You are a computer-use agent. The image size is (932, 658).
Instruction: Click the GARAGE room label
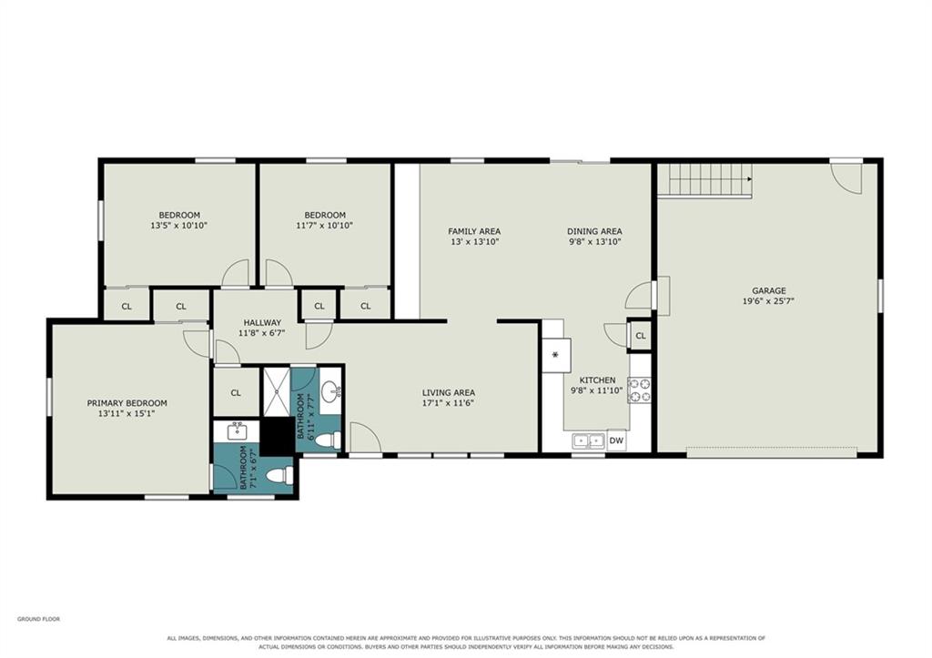tap(768, 290)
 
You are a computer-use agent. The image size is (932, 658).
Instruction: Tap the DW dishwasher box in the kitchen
tap(616, 440)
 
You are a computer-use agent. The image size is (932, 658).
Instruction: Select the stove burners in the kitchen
tap(640, 390)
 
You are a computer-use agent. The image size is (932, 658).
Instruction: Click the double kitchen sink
tap(589, 440)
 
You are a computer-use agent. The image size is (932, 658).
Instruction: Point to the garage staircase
tap(705, 180)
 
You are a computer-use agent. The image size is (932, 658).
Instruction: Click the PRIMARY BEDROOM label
tap(127, 403)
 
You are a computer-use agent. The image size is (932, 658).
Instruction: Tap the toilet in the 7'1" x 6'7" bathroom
tap(279, 475)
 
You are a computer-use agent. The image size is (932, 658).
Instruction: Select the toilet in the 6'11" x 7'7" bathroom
tap(327, 440)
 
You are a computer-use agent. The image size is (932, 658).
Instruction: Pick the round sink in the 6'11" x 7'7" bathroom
tap(331, 390)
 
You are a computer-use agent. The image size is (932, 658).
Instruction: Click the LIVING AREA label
tap(448, 392)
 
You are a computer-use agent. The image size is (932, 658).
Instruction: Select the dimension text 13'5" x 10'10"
tap(179, 226)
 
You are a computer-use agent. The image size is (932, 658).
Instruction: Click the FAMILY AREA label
tap(474, 231)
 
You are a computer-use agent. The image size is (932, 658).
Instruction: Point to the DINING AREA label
tap(594, 231)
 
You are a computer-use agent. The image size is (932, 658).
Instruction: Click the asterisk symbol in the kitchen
tap(555, 355)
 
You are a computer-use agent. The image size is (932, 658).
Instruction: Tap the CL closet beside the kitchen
tap(640, 336)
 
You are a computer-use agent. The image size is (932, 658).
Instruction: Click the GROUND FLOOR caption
tap(38, 620)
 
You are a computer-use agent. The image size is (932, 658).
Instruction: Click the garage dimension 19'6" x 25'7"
tap(768, 301)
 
